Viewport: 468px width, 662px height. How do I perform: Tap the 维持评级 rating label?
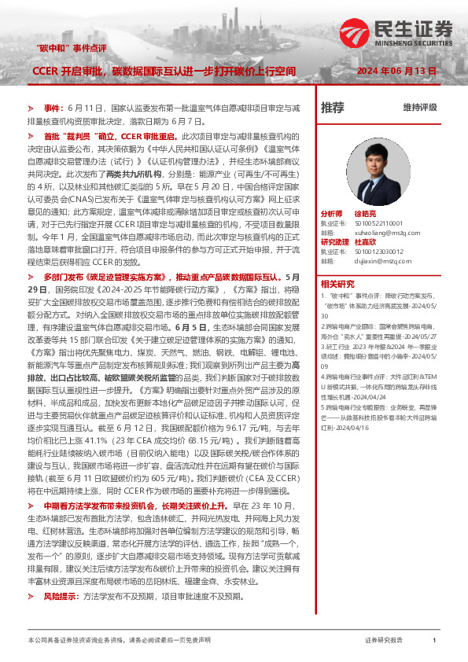click(x=419, y=107)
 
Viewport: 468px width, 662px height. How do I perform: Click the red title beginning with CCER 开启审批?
click(x=164, y=71)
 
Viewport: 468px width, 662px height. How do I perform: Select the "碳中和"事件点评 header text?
click(x=72, y=48)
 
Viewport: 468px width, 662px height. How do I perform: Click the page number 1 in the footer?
click(x=433, y=642)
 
